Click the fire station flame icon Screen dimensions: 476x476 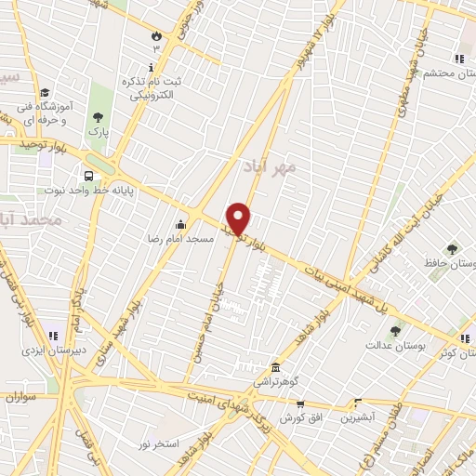[x=156, y=35]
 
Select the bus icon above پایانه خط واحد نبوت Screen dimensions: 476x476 [x=88, y=175]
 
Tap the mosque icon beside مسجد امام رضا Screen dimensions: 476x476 [x=180, y=223]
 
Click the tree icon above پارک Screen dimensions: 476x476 [x=98, y=117]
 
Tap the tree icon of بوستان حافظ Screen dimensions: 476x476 [x=453, y=248]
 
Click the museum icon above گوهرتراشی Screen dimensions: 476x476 [x=274, y=366]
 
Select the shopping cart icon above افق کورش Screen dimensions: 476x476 [x=299, y=403]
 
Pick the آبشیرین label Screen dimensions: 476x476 [x=357, y=418]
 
